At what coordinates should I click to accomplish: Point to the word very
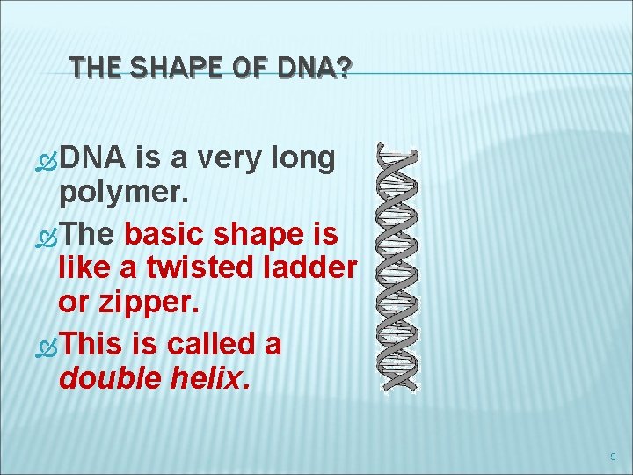click(x=236, y=158)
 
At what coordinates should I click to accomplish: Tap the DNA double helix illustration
click(x=397, y=267)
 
